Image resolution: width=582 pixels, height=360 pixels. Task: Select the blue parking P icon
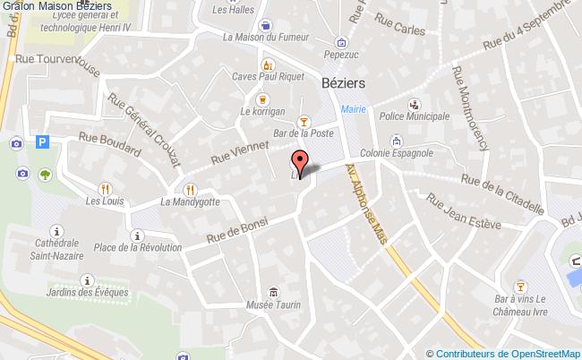41,141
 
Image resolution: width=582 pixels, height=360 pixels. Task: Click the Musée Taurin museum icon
273,292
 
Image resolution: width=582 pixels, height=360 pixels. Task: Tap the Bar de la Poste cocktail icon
304,120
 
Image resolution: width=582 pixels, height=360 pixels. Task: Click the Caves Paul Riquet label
265,78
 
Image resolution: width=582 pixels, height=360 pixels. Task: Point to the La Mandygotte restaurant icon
189,189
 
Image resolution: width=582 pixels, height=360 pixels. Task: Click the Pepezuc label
340,54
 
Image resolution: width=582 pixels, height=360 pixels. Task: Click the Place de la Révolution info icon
135,236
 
